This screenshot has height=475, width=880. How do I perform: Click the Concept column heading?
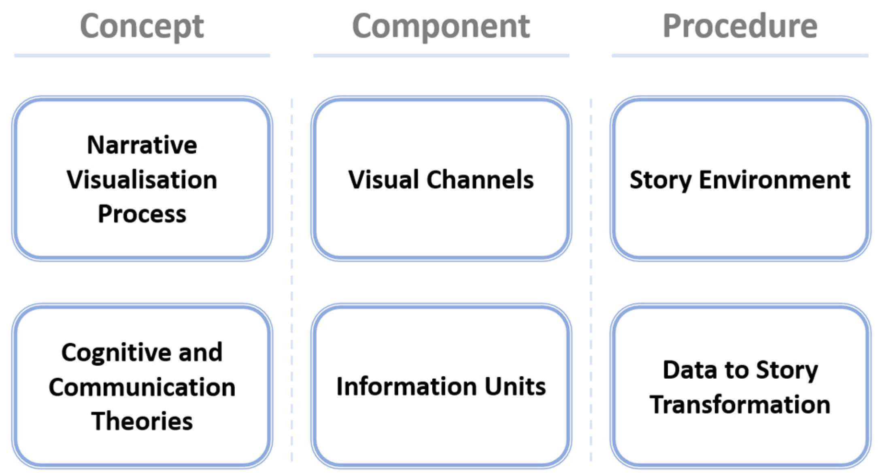tap(142, 26)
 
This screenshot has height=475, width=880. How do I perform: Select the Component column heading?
tap(441, 26)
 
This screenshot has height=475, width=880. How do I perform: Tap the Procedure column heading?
tap(740, 26)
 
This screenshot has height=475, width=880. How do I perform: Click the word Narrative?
tap(142, 145)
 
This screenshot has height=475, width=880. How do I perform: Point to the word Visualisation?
tap(142, 180)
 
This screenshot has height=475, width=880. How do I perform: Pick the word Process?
tap(142, 214)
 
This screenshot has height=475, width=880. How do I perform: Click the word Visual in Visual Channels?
tap(383, 180)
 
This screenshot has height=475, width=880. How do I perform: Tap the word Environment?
tap(774, 180)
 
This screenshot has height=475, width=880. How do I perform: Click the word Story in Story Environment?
tap(661, 180)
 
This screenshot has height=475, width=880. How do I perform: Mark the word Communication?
tap(142, 387)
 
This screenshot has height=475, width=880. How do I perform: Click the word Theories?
tap(142, 421)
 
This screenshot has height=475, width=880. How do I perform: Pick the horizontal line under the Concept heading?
tap(142, 55)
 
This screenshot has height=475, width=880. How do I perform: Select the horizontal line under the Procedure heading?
tap(740, 55)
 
